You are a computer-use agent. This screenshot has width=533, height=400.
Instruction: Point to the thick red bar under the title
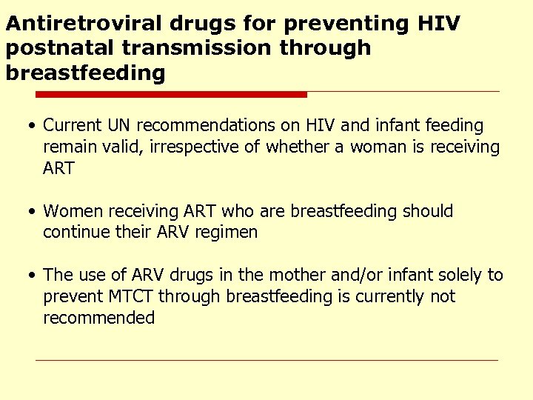(171, 95)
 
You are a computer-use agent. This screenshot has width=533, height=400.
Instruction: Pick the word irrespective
(189, 147)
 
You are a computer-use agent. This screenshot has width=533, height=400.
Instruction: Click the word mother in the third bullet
(297, 276)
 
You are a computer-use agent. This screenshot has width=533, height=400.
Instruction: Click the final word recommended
(98, 319)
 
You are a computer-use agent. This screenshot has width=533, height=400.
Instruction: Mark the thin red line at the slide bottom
(266, 361)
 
